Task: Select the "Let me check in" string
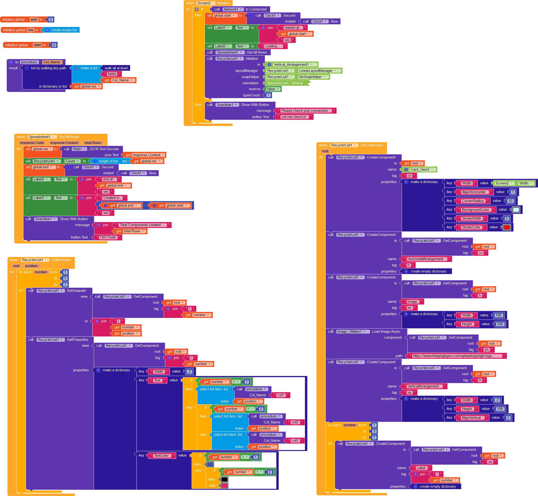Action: [294, 117]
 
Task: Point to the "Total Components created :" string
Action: [142, 225]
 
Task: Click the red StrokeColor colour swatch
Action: [507, 227]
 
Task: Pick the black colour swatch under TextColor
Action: [224, 479]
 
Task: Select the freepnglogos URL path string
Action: [457, 356]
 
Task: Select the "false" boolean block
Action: [273, 89]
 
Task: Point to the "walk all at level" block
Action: [116, 68]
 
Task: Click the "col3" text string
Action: [295, 441]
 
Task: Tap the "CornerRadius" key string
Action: [473, 201]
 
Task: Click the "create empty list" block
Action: [61, 30]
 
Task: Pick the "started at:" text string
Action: [293, 28]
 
